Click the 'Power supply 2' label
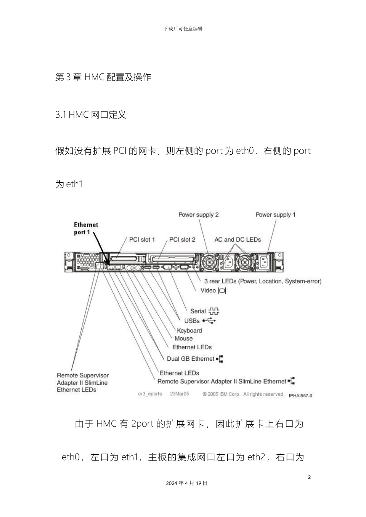pos(198,215)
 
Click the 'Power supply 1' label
pos(275,215)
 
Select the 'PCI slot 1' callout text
pos(142,240)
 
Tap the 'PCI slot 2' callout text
pos(182,240)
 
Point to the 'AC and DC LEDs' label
pos(237,240)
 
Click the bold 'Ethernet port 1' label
pos(86,228)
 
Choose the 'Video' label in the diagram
pos(208,290)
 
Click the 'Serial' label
pos(198,311)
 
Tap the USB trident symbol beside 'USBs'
pos(210,320)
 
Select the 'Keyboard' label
pos(189,330)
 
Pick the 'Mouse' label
pos(183,339)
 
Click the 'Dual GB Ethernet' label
pos(190,359)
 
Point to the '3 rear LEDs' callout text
pos(262,281)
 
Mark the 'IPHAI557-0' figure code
pos(301,395)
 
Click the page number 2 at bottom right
pos(309,477)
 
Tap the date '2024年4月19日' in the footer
pos(187,483)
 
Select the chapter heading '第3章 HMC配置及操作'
pos(103,77)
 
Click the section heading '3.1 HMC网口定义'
pos(91,115)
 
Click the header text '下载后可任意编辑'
pos(183,29)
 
